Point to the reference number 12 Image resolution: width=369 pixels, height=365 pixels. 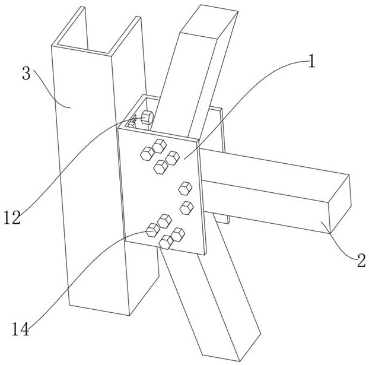tap(12, 217)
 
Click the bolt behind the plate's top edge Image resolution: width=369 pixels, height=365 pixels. tap(147, 117)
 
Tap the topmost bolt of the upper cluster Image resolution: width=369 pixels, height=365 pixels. tap(159, 146)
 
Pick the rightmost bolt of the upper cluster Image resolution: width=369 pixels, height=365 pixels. tap(173, 158)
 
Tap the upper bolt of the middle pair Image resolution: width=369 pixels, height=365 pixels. tap(186, 189)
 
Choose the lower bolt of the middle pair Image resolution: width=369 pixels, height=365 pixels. tap(187, 207)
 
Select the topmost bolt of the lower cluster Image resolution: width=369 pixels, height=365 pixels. tap(164, 221)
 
